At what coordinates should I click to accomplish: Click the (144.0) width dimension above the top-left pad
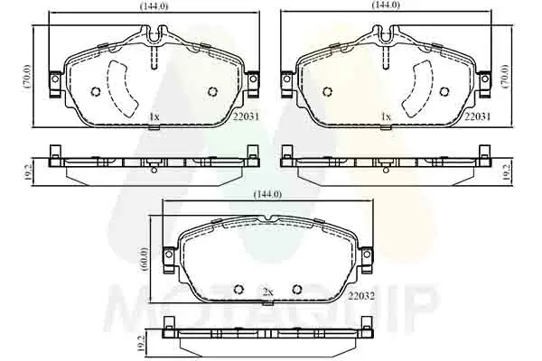click(154, 6)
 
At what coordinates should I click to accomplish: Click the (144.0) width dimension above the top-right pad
click(386, 5)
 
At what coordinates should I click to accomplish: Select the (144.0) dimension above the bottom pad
click(267, 195)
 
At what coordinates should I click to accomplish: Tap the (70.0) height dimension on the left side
click(28, 77)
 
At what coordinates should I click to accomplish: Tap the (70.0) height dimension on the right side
click(506, 77)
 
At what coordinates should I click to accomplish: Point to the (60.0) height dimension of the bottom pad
click(145, 259)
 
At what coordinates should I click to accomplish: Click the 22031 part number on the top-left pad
click(246, 116)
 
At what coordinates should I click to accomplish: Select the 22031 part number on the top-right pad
click(477, 116)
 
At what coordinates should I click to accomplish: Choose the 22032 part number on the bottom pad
click(361, 296)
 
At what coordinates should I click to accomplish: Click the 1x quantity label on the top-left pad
click(154, 116)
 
